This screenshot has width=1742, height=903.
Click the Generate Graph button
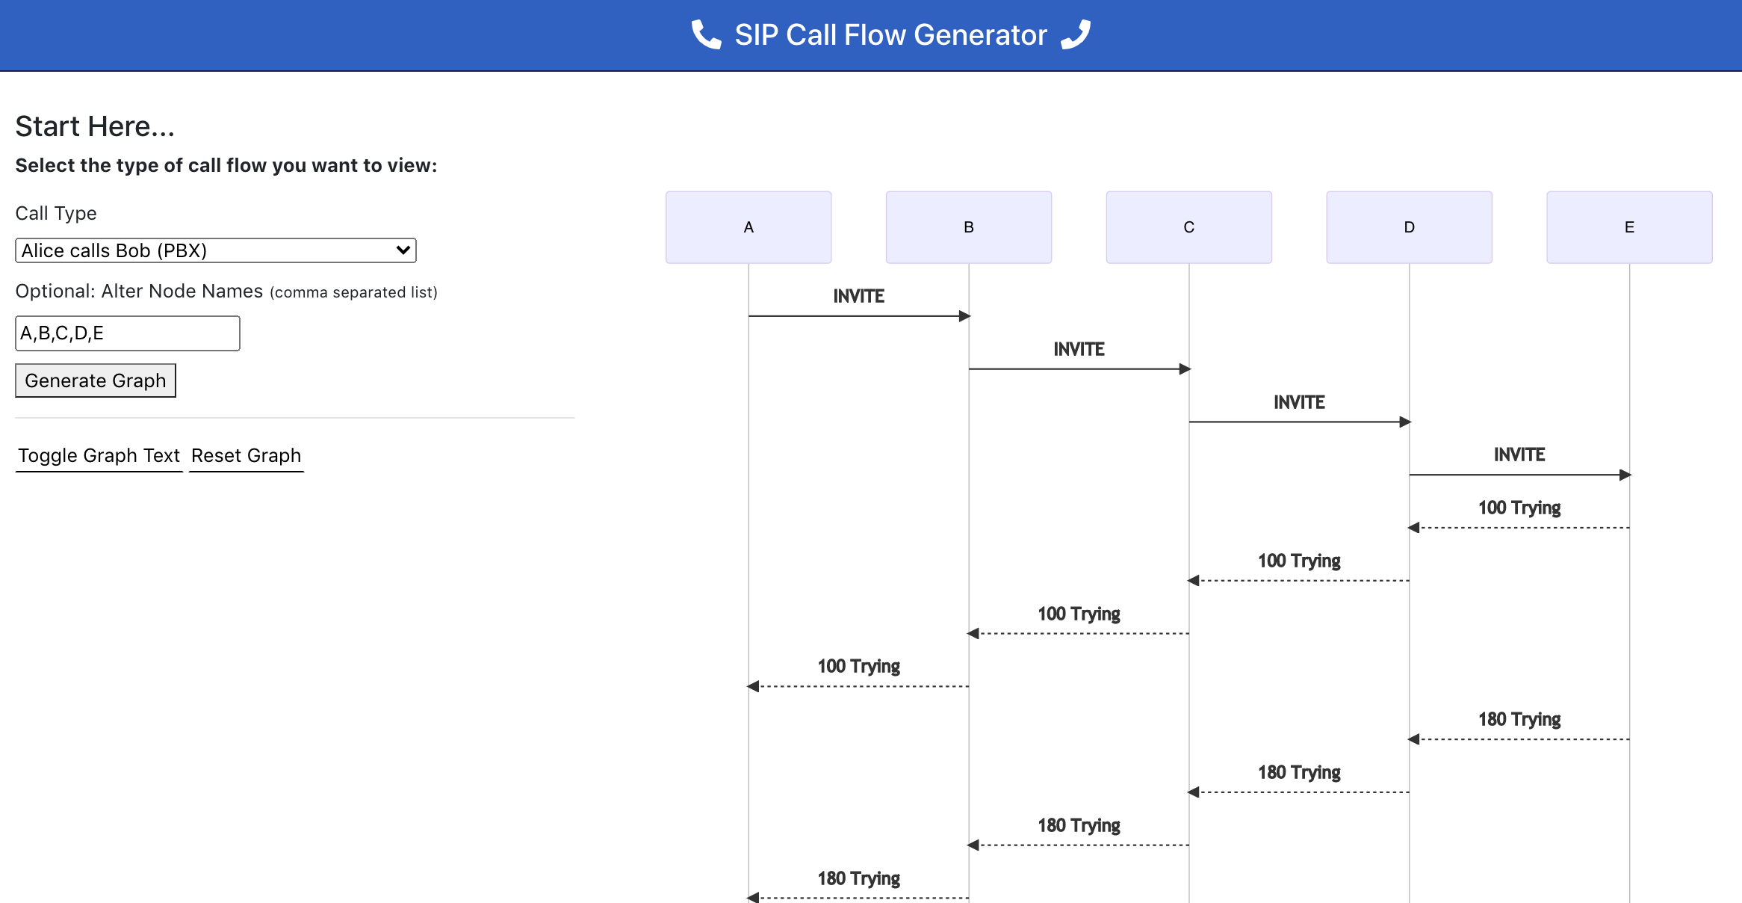[x=96, y=380]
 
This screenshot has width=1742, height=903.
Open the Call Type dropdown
[x=215, y=250]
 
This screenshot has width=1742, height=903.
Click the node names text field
[x=127, y=333]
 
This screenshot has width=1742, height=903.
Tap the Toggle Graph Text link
[x=99, y=455]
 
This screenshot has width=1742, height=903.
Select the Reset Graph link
[x=246, y=455]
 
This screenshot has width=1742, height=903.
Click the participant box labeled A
[x=748, y=227]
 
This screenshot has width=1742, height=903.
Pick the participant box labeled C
[x=1188, y=227]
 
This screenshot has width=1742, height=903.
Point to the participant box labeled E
[x=1629, y=227]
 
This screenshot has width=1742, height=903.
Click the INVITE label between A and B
[x=858, y=297]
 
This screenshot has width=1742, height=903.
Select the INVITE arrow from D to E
[x=1519, y=475]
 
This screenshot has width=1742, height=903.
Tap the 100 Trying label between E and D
[x=1519, y=508]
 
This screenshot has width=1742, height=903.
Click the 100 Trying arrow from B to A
[x=858, y=686]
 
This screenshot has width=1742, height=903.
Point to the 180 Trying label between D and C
[x=1299, y=772]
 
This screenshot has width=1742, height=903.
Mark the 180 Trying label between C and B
[x=1079, y=825]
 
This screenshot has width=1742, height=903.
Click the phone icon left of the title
[x=706, y=34]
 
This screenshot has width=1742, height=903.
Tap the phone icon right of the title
[x=1076, y=34]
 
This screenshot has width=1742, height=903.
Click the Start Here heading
[x=95, y=126]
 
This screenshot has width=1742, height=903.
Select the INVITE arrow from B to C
[x=1079, y=369]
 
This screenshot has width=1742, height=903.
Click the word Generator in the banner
[x=980, y=35]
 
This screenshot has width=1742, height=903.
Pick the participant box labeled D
[x=1409, y=227]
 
